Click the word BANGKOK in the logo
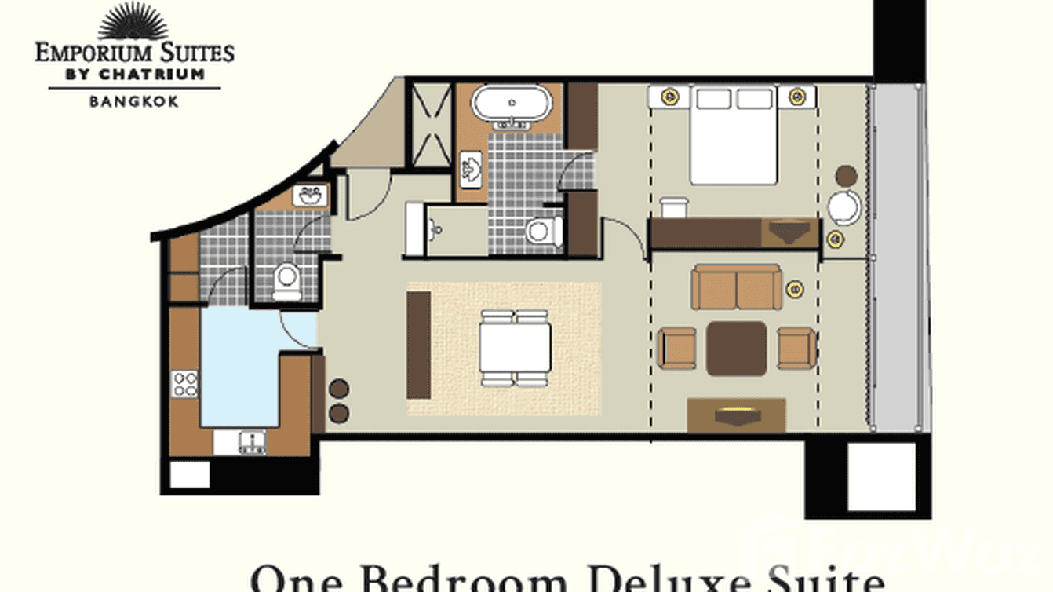point(133,101)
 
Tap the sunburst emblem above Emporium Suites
point(133,22)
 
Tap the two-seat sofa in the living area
point(736,287)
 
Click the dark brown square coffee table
point(736,348)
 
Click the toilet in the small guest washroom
point(287,281)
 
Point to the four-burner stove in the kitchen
point(185,384)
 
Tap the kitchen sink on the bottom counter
point(252,443)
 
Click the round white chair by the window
point(844,207)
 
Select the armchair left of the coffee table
point(676,348)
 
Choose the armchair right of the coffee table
point(796,348)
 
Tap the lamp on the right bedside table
point(797,97)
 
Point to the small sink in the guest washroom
point(310,196)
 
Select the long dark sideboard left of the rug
point(418,345)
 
